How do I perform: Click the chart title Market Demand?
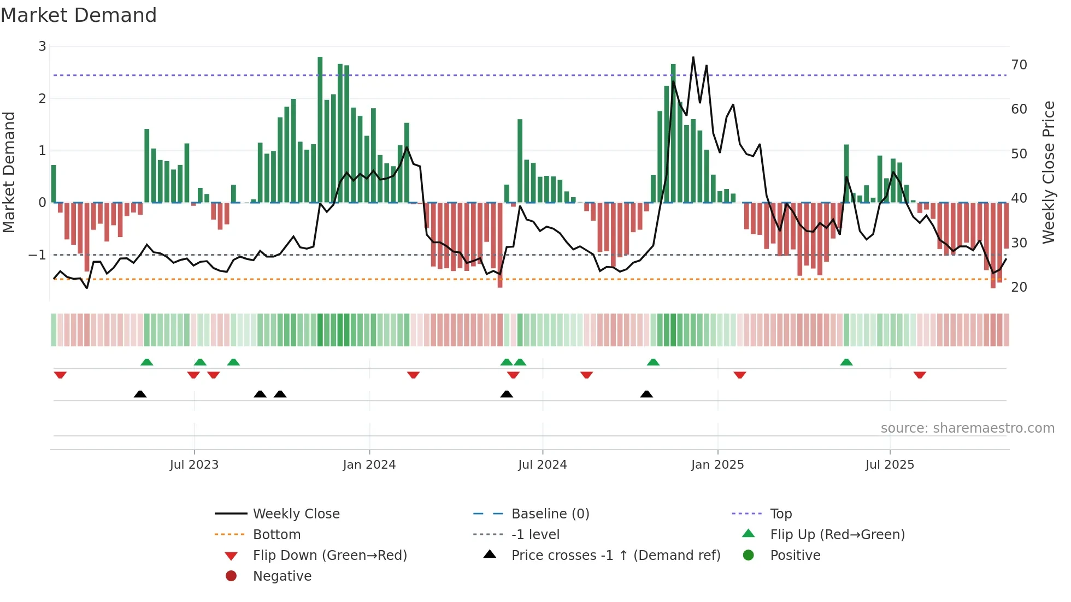(x=79, y=15)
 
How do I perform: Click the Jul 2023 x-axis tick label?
(x=194, y=465)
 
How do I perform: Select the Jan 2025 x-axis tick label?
(x=717, y=465)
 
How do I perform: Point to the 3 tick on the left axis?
(x=42, y=46)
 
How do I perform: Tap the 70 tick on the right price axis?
(x=1019, y=65)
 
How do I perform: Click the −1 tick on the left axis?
(x=38, y=255)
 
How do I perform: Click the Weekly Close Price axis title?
(x=1048, y=172)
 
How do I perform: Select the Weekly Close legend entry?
(x=296, y=514)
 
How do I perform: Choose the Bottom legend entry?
(x=276, y=535)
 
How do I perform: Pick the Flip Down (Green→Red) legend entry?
(x=329, y=556)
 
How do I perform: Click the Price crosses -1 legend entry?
(x=615, y=556)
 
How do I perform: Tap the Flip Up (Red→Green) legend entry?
(x=837, y=535)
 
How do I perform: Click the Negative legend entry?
(x=282, y=576)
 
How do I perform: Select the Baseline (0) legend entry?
(x=550, y=514)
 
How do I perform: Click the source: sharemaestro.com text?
(x=967, y=428)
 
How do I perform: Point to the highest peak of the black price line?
(x=693, y=57)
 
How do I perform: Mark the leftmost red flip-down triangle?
(x=60, y=375)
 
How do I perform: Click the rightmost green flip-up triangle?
(x=846, y=362)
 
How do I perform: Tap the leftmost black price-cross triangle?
(x=140, y=394)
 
